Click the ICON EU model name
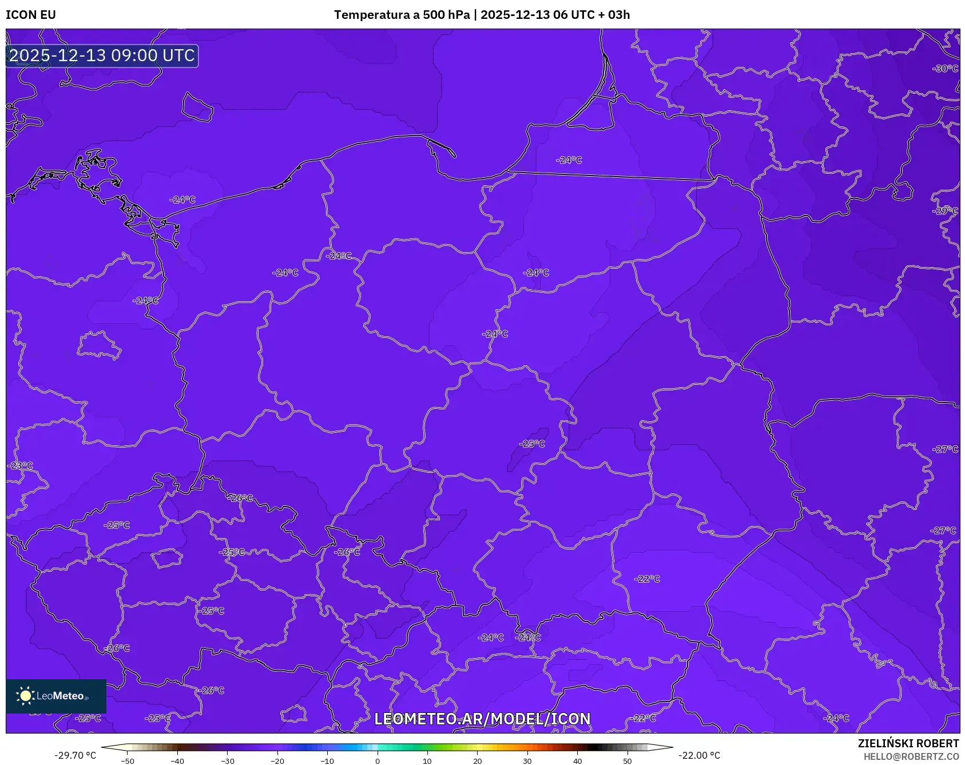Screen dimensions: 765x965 click(x=31, y=15)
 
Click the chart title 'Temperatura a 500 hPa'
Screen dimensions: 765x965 click(x=401, y=15)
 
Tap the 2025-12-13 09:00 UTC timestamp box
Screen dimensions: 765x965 click(x=102, y=55)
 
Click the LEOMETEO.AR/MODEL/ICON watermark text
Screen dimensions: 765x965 click(x=482, y=719)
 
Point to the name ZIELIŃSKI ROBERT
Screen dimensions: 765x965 click(x=908, y=743)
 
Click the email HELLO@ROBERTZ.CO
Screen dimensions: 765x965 click(x=911, y=756)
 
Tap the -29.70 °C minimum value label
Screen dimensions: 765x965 click(x=76, y=755)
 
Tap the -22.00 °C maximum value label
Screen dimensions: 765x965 click(x=699, y=755)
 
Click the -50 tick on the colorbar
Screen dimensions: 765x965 click(x=128, y=760)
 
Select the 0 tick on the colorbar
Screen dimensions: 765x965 click(x=377, y=760)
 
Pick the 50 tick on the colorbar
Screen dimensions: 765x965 click(x=628, y=760)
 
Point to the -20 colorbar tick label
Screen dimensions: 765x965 click(x=277, y=760)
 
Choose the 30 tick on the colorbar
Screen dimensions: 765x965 click(x=527, y=760)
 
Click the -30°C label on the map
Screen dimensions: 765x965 click(x=945, y=69)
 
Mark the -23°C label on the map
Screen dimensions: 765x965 click(x=21, y=465)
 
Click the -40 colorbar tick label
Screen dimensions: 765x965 click(x=177, y=760)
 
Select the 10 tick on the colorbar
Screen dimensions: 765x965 click(x=427, y=760)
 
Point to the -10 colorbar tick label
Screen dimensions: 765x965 click(x=327, y=760)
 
